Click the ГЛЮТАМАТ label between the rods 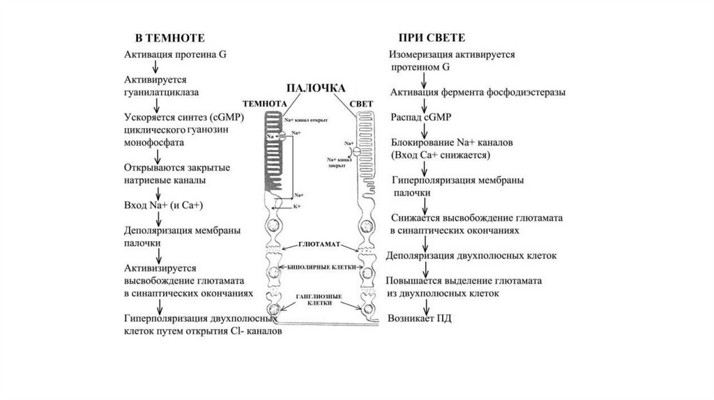[319, 245]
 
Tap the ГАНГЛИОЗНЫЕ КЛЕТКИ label [318, 300]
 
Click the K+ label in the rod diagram [296, 206]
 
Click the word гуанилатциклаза [162, 91]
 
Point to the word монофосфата [154, 141]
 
